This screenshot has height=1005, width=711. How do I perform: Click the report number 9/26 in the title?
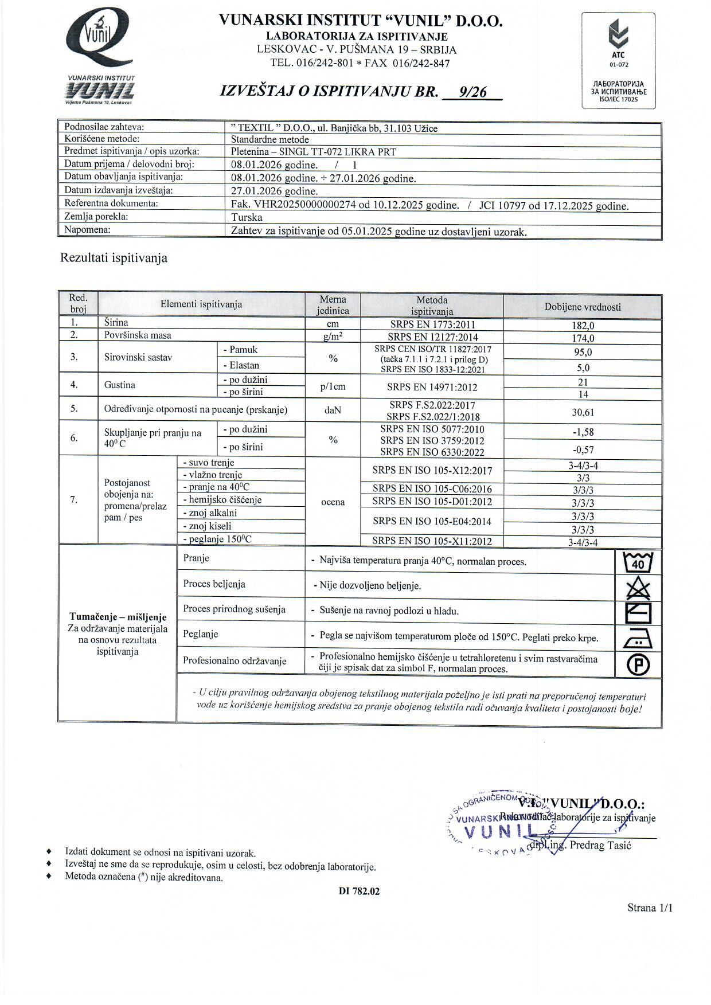[x=473, y=92]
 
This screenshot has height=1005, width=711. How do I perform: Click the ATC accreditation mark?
[x=619, y=43]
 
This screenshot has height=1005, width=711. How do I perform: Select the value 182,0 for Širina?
[x=583, y=326]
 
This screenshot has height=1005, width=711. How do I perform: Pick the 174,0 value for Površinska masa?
[x=583, y=338]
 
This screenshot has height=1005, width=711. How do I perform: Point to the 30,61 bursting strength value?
[x=583, y=412]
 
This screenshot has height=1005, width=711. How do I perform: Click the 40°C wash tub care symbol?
[x=638, y=562]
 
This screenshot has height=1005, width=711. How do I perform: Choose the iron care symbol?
[x=638, y=638]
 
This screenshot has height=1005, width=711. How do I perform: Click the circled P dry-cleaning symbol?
[x=638, y=665]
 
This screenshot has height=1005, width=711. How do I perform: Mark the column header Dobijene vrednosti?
[x=583, y=307]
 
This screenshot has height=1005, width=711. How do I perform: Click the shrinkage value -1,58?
[x=583, y=432]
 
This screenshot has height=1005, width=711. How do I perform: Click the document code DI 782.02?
[x=359, y=891]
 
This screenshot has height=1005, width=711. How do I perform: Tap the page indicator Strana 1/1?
[x=650, y=908]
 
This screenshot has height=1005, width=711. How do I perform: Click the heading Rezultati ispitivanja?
[x=114, y=258]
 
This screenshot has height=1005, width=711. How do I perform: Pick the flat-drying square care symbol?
[x=638, y=613]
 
